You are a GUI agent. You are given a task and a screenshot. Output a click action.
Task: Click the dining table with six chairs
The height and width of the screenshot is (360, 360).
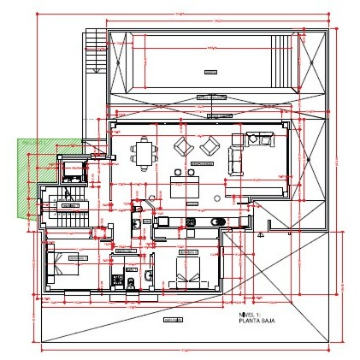click(145, 154)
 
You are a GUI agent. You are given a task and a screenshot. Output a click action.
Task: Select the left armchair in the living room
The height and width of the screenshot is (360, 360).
click(183, 146)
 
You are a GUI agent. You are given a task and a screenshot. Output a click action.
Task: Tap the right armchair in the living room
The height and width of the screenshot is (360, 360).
click(210, 146)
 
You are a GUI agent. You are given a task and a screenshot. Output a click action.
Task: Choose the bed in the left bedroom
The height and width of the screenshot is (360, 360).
click(65, 264)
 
